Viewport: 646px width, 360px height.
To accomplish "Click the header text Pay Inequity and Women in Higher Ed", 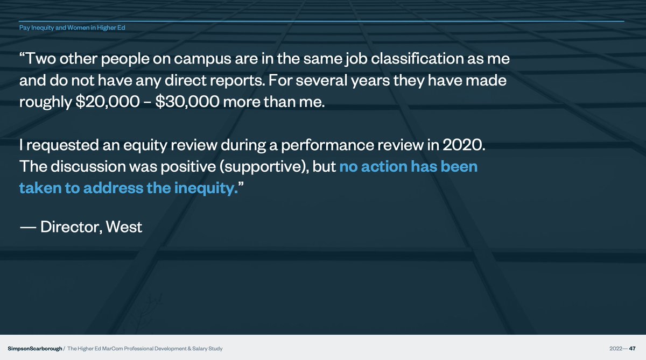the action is click(72, 27).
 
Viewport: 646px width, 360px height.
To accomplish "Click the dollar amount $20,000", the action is click(108, 102).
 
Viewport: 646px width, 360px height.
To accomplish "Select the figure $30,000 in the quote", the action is click(187, 102).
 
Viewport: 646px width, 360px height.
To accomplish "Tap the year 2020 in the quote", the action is click(464, 145).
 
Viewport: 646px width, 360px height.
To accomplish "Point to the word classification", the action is click(417, 59).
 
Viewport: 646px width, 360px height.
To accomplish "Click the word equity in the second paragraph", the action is click(145, 145).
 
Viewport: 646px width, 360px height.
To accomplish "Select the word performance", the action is click(327, 145).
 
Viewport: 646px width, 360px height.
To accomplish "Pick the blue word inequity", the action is click(206, 188).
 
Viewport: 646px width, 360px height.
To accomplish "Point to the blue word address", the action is click(113, 188).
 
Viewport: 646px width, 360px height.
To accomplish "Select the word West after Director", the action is click(124, 227).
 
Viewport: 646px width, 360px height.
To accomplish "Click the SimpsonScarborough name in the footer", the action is click(35, 349).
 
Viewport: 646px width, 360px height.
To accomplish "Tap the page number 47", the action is click(632, 349).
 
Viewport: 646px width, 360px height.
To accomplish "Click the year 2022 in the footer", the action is click(616, 349).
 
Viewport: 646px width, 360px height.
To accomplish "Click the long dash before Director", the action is click(28, 228).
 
